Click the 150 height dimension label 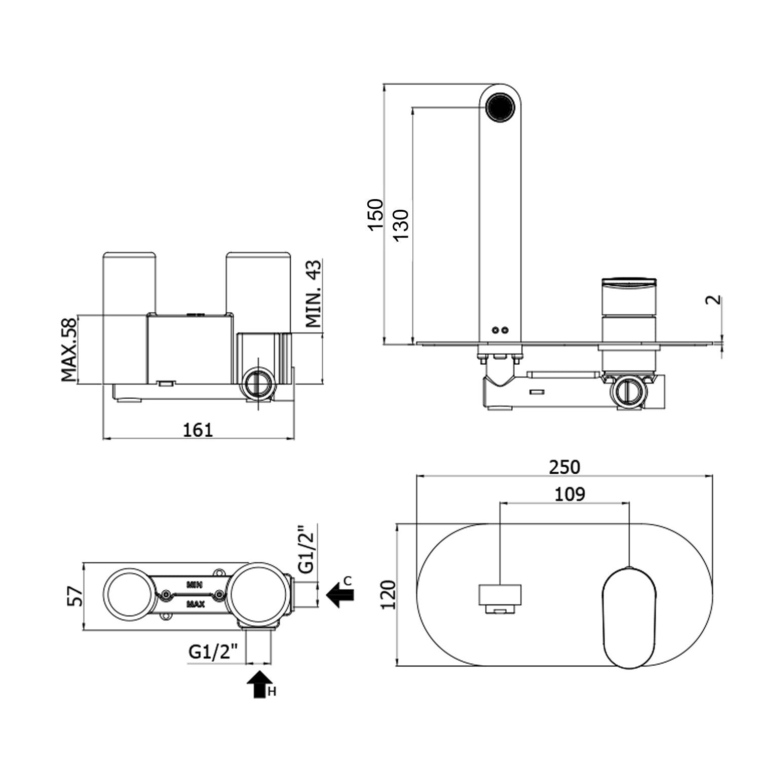(x=375, y=214)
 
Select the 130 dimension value (x=401, y=224)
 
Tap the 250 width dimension (x=564, y=467)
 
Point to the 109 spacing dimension (x=569, y=493)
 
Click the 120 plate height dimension (x=389, y=595)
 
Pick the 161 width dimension (x=198, y=430)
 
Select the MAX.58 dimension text (x=68, y=349)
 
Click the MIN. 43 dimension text (x=313, y=293)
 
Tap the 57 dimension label (x=75, y=596)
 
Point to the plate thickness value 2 (x=713, y=299)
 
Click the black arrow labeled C (x=340, y=594)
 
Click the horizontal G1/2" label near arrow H (x=213, y=652)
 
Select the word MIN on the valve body (x=195, y=585)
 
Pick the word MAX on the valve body (x=196, y=604)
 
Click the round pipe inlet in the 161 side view (x=259, y=384)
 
